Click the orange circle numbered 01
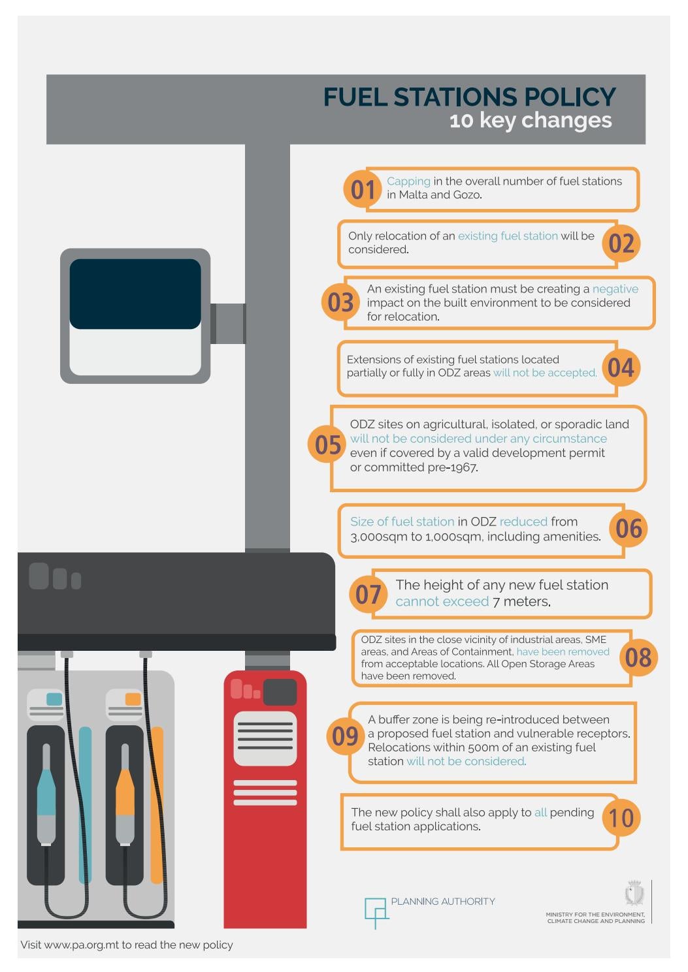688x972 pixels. click(362, 189)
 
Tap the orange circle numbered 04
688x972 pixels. click(621, 368)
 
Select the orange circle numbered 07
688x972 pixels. click(369, 594)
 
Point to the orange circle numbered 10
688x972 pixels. click(621, 817)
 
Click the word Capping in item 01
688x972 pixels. click(408, 181)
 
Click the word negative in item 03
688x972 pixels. click(615, 289)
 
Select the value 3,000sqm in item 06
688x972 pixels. click(376, 537)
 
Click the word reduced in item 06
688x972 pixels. click(523, 522)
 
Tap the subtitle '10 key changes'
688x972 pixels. click(531, 120)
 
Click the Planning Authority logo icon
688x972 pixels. click(376, 911)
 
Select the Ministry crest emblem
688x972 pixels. click(634, 892)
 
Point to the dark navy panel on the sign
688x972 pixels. click(135, 294)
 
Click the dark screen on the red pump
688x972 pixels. click(280, 692)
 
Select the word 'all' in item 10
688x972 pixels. click(540, 812)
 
